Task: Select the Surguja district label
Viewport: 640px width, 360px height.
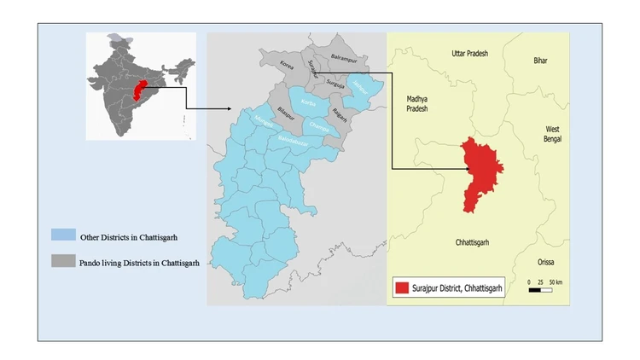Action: tap(333, 84)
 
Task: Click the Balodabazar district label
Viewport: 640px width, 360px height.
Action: tap(295, 136)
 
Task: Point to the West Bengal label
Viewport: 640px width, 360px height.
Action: tap(552, 135)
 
